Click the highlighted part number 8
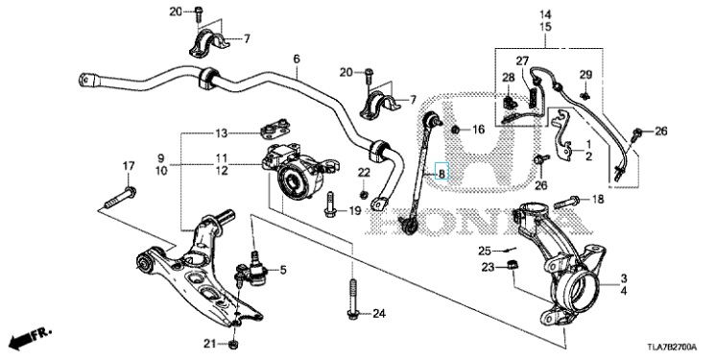[x=442, y=174]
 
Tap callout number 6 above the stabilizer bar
[x=297, y=59]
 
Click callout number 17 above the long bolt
[x=129, y=166]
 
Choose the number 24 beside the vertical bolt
[x=379, y=314]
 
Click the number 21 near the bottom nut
[x=209, y=344]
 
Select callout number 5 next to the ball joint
[x=283, y=270]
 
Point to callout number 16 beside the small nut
[x=478, y=131]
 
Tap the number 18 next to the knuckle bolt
[x=597, y=199]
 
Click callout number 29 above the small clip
[x=585, y=75]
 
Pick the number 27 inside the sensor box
[x=522, y=60]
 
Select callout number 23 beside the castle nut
[x=489, y=267]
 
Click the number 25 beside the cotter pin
[x=485, y=251]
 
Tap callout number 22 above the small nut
[x=364, y=172]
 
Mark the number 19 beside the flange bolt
[x=355, y=210]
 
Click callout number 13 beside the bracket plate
[x=222, y=133]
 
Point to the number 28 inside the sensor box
[x=509, y=78]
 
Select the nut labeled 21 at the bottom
[x=233, y=344]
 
